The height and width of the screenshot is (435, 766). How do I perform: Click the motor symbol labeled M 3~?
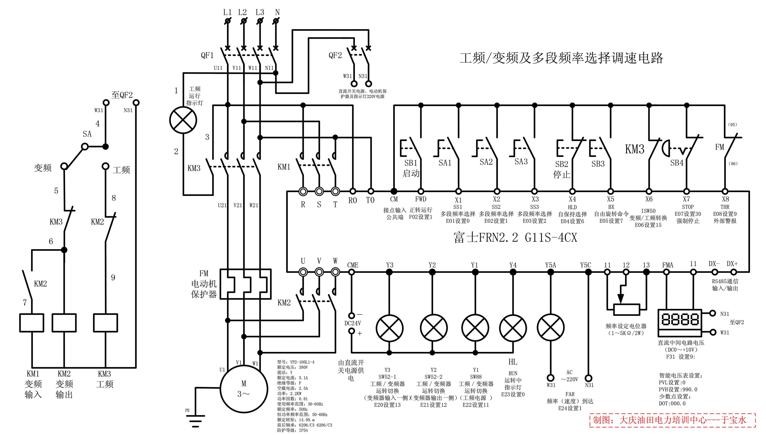coord(244,389)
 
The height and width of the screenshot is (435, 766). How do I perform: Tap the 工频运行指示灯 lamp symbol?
coord(183,120)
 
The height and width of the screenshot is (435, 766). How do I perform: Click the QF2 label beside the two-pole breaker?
coord(335,55)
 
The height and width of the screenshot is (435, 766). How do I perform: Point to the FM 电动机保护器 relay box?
coord(246,284)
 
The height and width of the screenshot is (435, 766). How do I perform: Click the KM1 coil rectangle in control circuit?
coord(32,323)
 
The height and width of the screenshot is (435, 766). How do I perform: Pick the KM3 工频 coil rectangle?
coord(105,323)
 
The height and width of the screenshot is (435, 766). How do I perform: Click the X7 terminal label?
coord(687,199)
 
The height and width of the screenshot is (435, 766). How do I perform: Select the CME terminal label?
coord(352,265)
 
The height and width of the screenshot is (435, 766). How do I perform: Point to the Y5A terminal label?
coord(550,265)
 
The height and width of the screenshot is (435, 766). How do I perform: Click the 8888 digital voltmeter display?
coord(680,319)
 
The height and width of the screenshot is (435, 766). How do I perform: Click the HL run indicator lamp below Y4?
coord(513,328)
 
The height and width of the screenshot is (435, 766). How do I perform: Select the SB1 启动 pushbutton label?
coord(411,163)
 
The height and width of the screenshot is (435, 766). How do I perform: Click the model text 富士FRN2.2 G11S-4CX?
coord(515,237)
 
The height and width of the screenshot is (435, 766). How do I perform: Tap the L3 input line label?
coord(260,12)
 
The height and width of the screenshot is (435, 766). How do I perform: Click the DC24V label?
coord(352,323)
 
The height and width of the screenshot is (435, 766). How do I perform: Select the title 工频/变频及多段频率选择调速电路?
coord(561,58)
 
